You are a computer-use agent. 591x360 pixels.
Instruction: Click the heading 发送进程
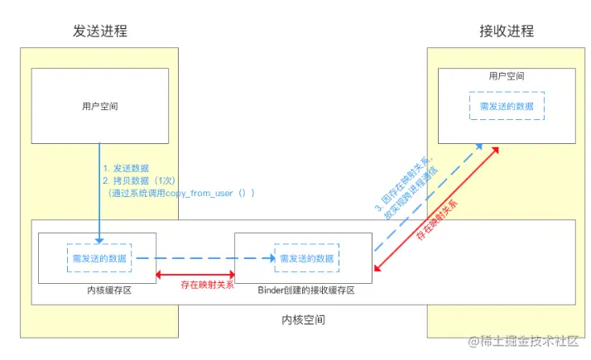click(100, 31)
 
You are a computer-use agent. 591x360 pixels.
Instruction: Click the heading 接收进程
click(507, 31)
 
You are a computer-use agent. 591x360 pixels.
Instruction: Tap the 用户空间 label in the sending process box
click(100, 106)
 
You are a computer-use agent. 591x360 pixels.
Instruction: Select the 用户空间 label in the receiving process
click(507, 76)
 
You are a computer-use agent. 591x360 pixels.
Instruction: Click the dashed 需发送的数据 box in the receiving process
click(507, 107)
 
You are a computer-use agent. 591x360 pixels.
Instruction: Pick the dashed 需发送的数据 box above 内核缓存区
click(98, 258)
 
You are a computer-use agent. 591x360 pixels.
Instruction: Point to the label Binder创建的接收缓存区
click(306, 290)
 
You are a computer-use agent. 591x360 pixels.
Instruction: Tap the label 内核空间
click(303, 319)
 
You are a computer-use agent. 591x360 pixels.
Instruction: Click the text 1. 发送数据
click(126, 168)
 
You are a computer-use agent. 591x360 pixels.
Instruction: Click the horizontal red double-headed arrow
click(195, 274)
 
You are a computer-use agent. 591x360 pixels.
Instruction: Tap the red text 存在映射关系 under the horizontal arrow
click(207, 286)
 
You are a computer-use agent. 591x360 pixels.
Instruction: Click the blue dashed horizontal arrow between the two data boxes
click(207, 258)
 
